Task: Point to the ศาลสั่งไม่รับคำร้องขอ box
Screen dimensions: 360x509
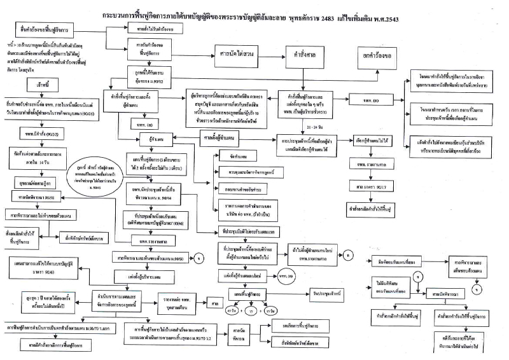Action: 151,29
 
